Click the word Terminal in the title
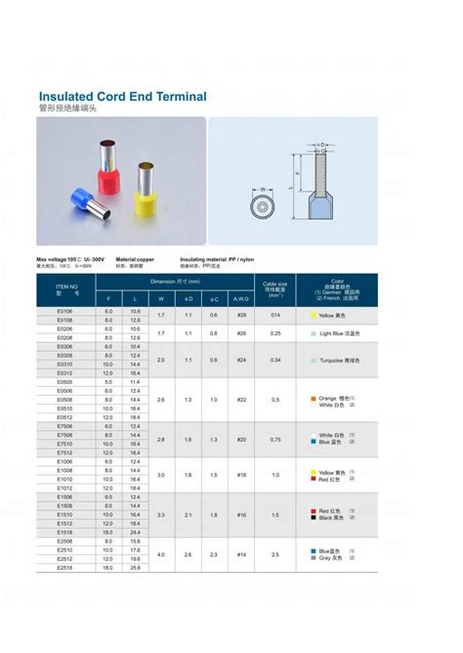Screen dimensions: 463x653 tap(173, 98)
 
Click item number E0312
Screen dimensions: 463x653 tap(65, 373)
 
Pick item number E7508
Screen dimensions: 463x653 tap(65, 436)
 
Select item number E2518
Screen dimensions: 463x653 tap(65, 567)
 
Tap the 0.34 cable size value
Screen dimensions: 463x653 tap(275, 360)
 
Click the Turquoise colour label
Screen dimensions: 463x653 tap(339, 360)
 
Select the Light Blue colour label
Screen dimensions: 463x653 tap(339, 333)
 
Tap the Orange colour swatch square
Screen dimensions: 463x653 tap(312, 398)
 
